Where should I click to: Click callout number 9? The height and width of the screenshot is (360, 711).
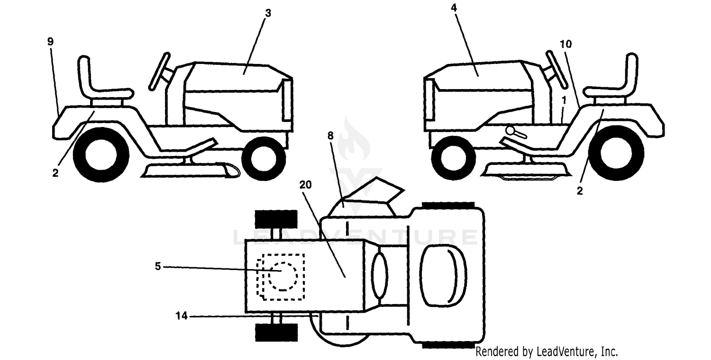point(50,42)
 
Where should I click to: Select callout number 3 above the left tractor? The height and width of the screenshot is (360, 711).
point(268,13)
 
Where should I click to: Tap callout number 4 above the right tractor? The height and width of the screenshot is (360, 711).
point(454,8)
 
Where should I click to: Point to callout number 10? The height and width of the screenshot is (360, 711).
point(565,44)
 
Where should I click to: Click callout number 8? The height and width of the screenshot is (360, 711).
point(330,136)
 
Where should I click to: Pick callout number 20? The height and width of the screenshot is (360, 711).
point(305,185)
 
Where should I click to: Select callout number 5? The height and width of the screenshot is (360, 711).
point(158,266)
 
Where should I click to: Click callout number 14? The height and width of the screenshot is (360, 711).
point(182,315)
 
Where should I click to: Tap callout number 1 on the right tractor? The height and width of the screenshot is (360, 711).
point(564,100)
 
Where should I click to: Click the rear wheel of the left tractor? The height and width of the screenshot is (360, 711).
point(101,154)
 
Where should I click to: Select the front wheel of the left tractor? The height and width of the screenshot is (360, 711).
point(264,159)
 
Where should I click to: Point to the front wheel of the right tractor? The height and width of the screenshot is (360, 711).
point(454,158)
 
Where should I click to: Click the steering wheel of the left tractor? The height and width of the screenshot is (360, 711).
point(160,72)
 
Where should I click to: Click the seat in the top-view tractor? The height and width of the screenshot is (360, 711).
point(443,275)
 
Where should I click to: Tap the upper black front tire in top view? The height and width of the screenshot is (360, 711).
point(276,219)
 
